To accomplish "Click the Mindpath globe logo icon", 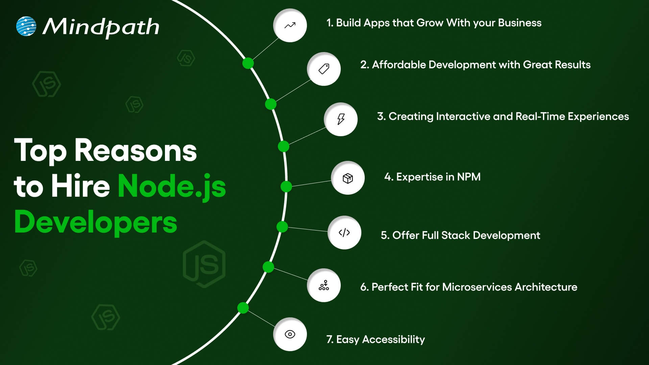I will coord(26,26).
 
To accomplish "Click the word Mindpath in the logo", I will coord(101,27).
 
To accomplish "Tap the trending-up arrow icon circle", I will coord(290,25).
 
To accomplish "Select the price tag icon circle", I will coord(324,69).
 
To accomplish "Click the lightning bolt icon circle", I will coord(341,119).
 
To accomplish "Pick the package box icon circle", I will coord(348,178).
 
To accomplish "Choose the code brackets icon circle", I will coord(344,233).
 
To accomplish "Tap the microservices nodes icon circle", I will coord(324,285).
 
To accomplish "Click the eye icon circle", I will coord(290,334).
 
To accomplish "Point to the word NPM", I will coord(468,177).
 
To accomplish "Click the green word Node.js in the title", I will coord(172,187).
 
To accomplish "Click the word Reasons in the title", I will coord(136,151).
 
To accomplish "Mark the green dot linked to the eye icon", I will coord(243,308).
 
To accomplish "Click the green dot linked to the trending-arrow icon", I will coord(248,63).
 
